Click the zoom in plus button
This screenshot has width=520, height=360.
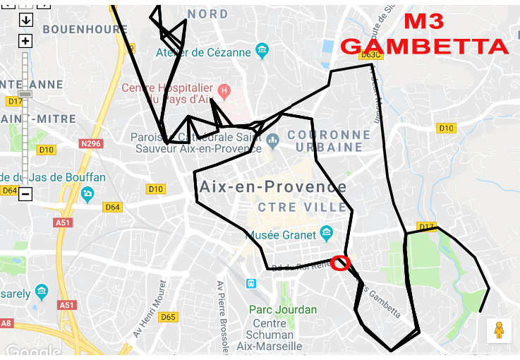(25, 41)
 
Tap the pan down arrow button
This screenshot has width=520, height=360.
(25, 20)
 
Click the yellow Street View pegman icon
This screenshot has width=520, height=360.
(499, 330)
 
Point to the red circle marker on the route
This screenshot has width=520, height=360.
(340, 263)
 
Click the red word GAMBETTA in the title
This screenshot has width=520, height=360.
(424, 47)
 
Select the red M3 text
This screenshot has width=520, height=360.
(424, 21)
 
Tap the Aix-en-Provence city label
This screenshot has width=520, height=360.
(273, 187)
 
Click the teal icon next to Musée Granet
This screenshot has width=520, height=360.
(326, 232)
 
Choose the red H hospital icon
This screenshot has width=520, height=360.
(224, 90)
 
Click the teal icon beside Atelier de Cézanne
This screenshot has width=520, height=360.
(262, 51)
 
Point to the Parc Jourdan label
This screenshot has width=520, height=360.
(283, 309)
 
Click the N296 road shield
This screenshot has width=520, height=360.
(91, 144)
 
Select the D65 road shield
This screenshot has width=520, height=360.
(168, 317)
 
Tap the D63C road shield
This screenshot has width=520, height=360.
(370, 54)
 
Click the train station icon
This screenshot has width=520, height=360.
(251, 283)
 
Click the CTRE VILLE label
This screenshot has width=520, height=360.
(303, 207)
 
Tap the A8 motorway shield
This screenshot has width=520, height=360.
(6, 323)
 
